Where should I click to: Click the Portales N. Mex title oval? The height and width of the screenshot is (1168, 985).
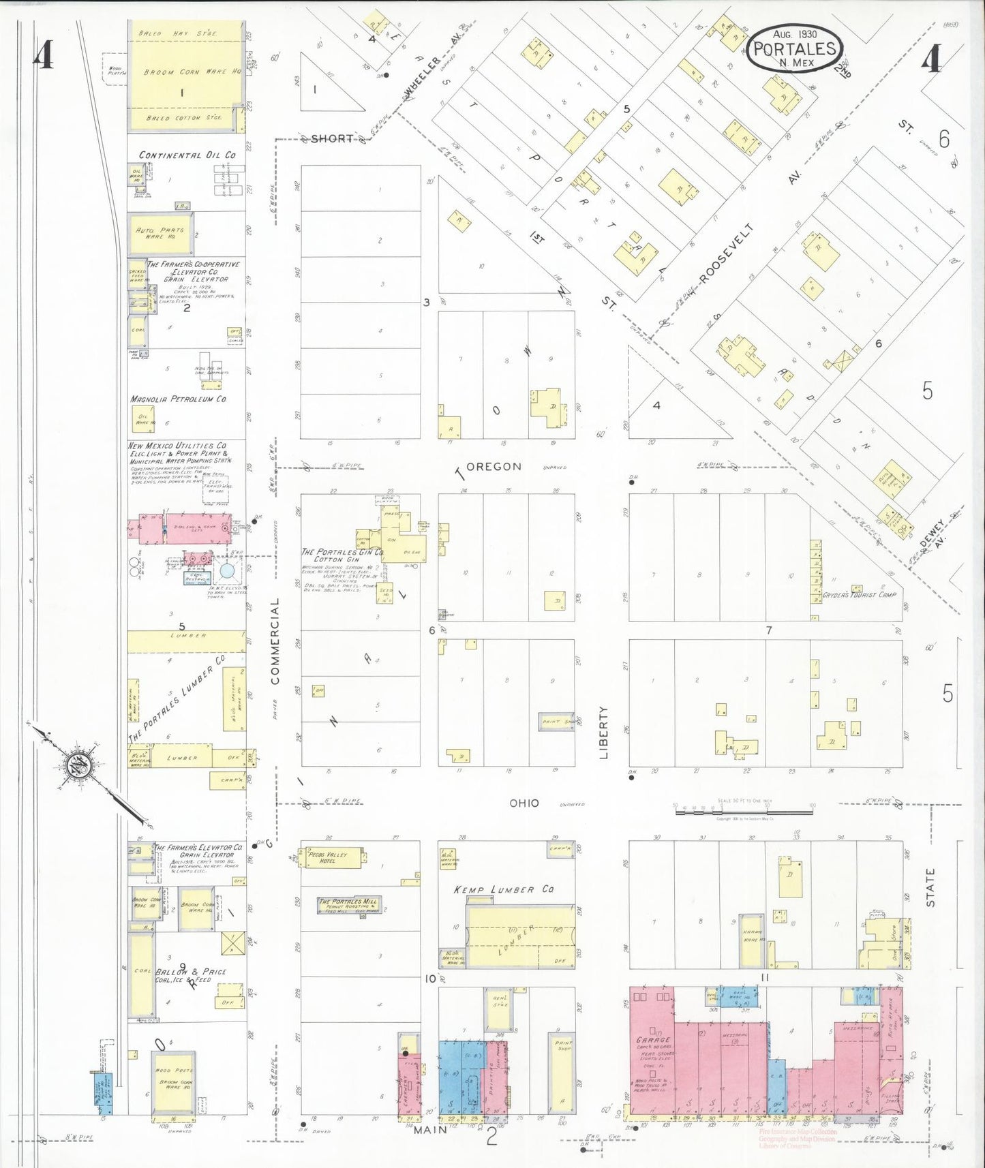794,48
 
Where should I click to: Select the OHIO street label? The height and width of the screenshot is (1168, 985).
525,803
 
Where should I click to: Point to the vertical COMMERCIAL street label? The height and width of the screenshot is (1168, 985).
275,641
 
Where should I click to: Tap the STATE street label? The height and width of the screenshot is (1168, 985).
930,887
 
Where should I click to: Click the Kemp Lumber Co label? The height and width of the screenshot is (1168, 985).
504,889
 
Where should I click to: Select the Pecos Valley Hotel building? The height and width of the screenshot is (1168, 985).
335,858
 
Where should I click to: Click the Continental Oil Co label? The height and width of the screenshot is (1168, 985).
187,155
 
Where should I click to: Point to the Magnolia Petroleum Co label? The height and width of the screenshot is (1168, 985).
179,399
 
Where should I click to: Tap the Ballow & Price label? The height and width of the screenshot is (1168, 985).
190,972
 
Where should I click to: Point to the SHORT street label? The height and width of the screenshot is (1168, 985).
332,138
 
